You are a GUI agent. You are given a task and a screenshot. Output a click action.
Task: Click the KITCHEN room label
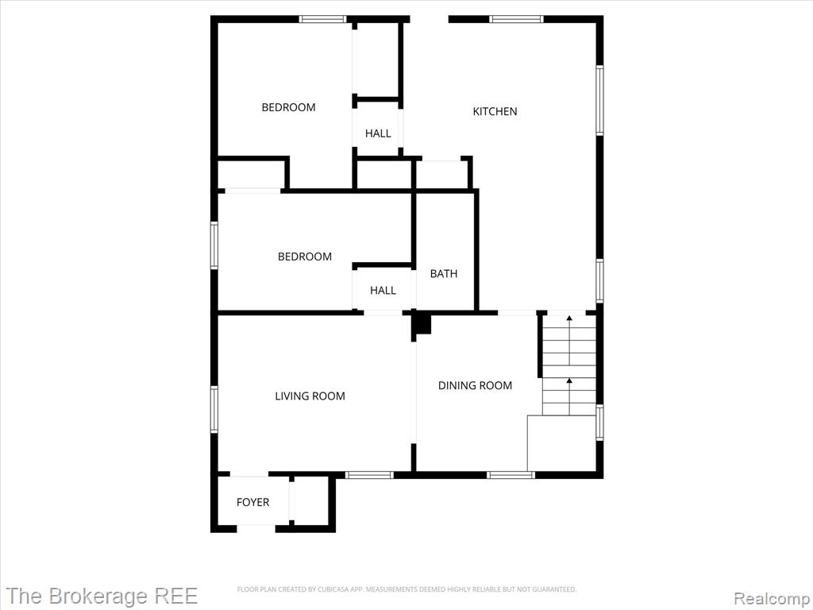(495, 111)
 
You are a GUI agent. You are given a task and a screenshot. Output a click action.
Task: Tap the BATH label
(444, 273)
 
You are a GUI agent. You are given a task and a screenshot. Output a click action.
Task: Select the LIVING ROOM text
(310, 396)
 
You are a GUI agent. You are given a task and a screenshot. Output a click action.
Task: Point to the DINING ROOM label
(475, 385)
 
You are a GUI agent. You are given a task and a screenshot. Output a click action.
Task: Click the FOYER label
(253, 502)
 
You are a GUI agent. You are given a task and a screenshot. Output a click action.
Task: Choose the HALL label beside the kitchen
(378, 133)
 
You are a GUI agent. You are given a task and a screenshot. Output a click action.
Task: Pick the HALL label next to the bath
(383, 291)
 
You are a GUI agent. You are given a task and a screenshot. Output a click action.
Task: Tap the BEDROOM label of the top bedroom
(288, 107)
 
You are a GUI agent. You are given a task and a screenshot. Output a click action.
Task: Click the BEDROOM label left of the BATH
(305, 257)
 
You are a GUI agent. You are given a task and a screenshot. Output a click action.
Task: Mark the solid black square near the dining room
(423, 324)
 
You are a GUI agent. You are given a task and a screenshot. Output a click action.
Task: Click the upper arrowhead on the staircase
(569, 318)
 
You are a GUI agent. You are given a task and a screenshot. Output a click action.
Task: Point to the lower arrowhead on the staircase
(569, 380)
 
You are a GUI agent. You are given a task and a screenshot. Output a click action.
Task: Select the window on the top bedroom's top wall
(322, 19)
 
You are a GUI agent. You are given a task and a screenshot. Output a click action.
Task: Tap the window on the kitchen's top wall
(516, 19)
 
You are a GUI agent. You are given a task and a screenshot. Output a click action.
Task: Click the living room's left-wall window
(214, 410)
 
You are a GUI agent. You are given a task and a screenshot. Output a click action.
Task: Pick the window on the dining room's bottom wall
(511, 475)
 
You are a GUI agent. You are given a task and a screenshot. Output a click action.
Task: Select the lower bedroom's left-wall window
(214, 245)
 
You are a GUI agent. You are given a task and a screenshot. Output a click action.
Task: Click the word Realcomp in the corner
(772, 598)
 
